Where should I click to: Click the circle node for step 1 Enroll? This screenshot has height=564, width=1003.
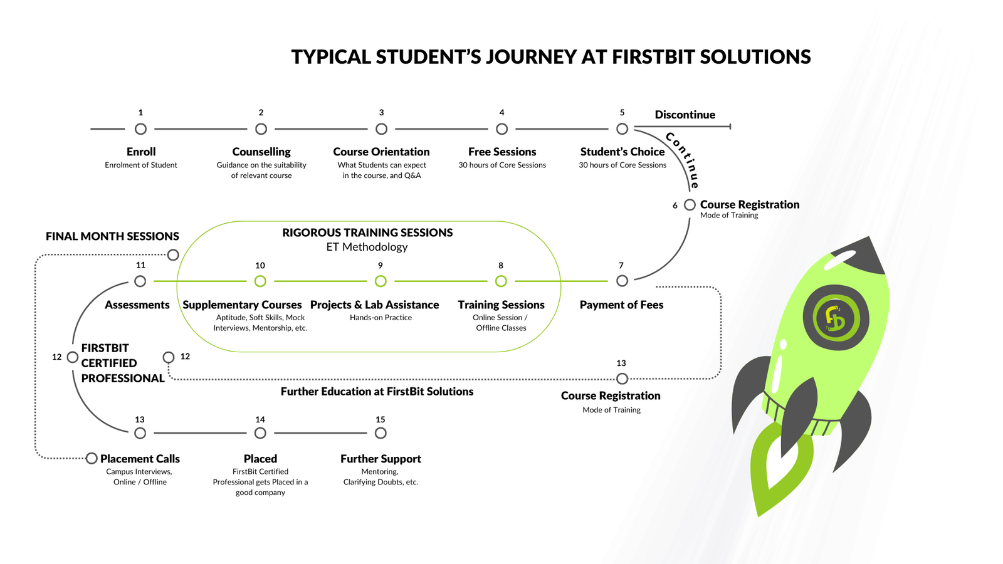point(140,129)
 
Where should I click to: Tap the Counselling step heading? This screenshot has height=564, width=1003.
point(261,152)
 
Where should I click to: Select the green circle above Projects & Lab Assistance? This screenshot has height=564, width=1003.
point(381,281)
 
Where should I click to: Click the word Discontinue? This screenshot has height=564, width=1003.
point(685,115)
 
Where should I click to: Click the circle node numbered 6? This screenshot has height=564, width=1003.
point(690,205)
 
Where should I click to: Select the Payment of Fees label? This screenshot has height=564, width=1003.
point(621,305)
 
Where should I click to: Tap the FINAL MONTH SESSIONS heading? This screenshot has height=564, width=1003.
point(112,236)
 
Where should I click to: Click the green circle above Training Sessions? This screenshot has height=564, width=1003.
point(501,281)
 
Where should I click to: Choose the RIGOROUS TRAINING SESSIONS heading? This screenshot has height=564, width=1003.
point(367,232)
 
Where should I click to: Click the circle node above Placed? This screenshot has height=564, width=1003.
point(260,433)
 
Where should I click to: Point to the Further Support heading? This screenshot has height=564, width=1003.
point(381,459)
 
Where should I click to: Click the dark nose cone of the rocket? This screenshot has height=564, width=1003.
point(863,254)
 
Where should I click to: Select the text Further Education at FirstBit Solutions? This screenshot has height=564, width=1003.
point(377,392)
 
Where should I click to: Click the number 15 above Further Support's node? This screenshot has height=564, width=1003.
point(381,420)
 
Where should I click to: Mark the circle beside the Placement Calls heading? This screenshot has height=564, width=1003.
point(92,459)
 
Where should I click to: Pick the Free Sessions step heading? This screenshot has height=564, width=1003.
point(502,152)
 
